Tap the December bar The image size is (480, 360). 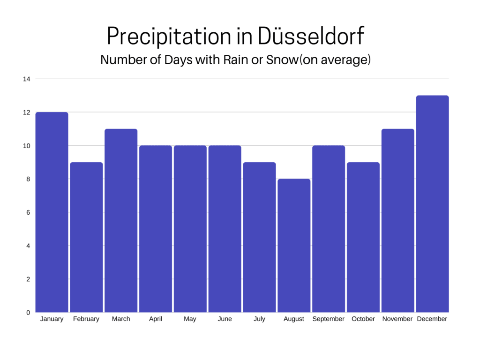(x=432, y=204)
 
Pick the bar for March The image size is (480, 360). (x=121, y=220)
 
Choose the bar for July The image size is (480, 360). (x=259, y=237)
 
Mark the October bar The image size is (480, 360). (x=363, y=237)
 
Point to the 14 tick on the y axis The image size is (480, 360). (x=27, y=79)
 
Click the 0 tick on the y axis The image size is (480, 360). (x=28, y=312)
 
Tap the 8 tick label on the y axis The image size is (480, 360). (x=28, y=179)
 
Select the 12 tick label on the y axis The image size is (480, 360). (x=27, y=112)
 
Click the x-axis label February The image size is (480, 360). (x=86, y=319)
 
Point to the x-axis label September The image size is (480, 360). (x=328, y=319)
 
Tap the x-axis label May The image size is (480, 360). (x=190, y=319)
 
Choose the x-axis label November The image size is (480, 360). (x=397, y=319)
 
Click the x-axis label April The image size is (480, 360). (x=156, y=319)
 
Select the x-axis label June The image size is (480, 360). (x=225, y=319)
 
